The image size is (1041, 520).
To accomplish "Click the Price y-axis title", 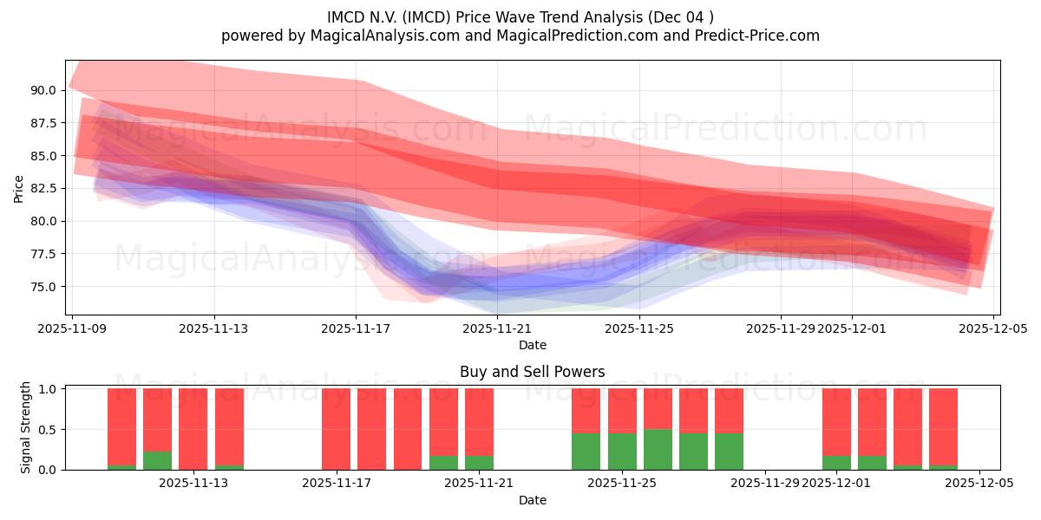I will [x=19, y=188].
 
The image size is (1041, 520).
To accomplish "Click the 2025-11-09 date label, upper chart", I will [x=73, y=328].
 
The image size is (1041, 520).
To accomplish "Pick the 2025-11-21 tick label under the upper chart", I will [x=498, y=328].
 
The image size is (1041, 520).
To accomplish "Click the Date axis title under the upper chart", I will [x=532, y=345].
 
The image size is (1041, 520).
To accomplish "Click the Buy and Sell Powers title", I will [x=532, y=373].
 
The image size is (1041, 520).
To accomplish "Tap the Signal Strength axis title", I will [x=26, y=427].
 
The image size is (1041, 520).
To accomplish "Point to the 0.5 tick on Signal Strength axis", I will [x=49, y=429].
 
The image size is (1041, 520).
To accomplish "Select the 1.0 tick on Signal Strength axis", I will [x=49, y=389].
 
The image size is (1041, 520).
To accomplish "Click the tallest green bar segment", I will [x=658, y=449].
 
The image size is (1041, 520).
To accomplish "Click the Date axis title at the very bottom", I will [x=532, y=500].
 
